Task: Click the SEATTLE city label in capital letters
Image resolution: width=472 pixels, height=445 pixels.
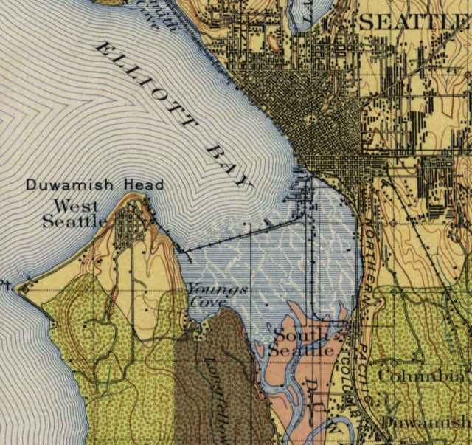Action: tap(414, 22)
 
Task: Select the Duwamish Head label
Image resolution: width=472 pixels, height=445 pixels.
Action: tap(94, 185)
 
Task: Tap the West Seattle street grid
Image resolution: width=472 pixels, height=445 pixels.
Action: tap(131, 225)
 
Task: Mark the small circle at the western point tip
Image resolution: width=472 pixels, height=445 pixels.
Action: tap(25, 290)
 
